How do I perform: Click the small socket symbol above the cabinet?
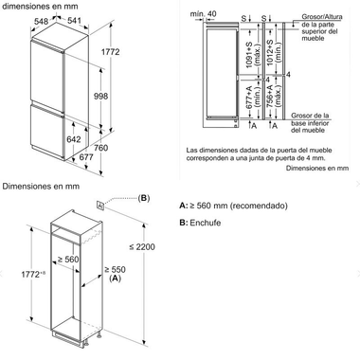[x=99, y=203]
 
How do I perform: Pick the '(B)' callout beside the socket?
[x=144, y=197]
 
